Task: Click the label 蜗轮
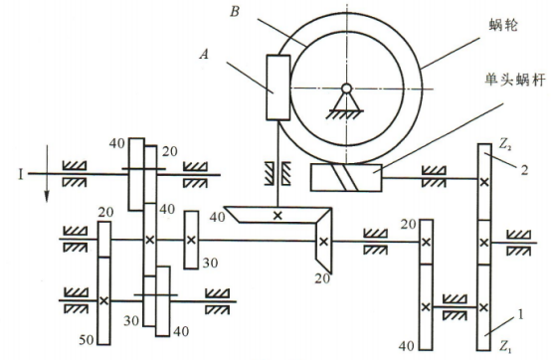(x=503, y=25)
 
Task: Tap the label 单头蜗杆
(x=515, y=81)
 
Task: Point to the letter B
(x=235, y=12)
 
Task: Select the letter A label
(x=204, y=55)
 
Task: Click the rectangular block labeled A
(x=278, y=88)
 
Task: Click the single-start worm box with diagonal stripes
(x=346, y=178)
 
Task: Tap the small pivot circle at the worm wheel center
(x=347, y=89)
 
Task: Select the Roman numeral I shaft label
(x=20, y=174)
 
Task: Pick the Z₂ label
(x=504, y=145)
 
